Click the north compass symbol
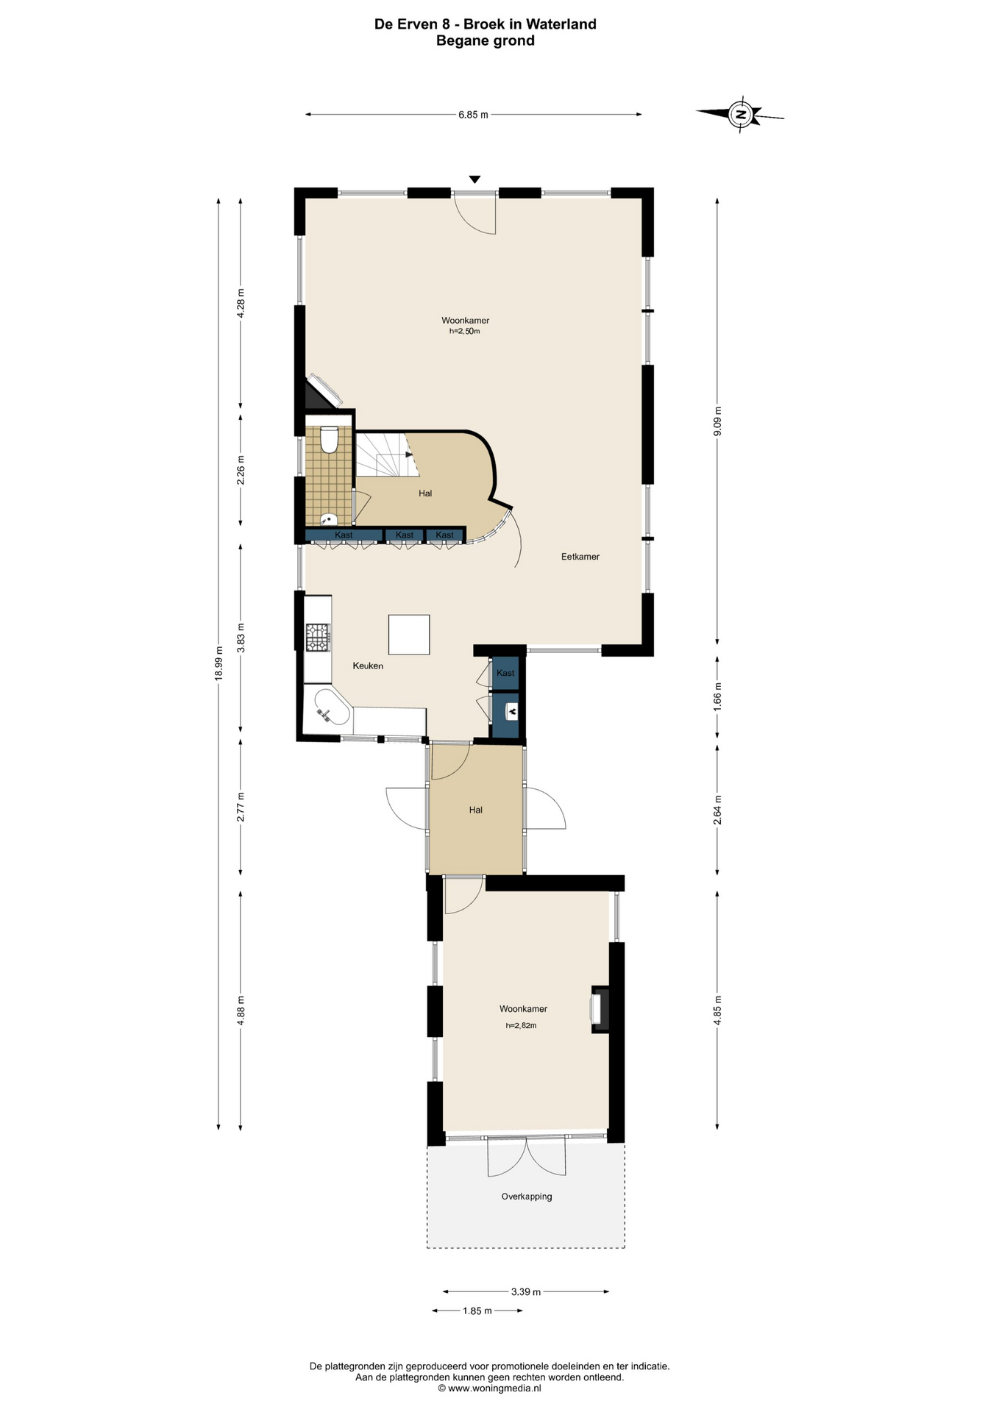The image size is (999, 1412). coord(741,114)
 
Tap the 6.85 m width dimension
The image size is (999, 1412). coord(473,115)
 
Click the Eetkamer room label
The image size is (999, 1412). coord(580,557)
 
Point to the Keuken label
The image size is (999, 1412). coord(368,666)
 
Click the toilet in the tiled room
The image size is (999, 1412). coord(329,439)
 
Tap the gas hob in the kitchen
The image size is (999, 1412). coord(318,637)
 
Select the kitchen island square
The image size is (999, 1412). coord(409,634)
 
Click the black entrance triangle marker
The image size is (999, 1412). coord(475,179)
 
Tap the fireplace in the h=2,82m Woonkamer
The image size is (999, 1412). coord(600,1009)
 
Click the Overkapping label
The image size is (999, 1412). coord(527,1197)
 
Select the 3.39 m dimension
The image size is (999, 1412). coord(526,1291)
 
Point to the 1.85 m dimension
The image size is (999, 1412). coord(477,1311)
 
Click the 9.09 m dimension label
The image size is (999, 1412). coord(717,421)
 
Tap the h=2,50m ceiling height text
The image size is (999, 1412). coord(465,332)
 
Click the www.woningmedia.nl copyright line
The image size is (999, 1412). coord(489,1388)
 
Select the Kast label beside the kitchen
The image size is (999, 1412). coord(505,673)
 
